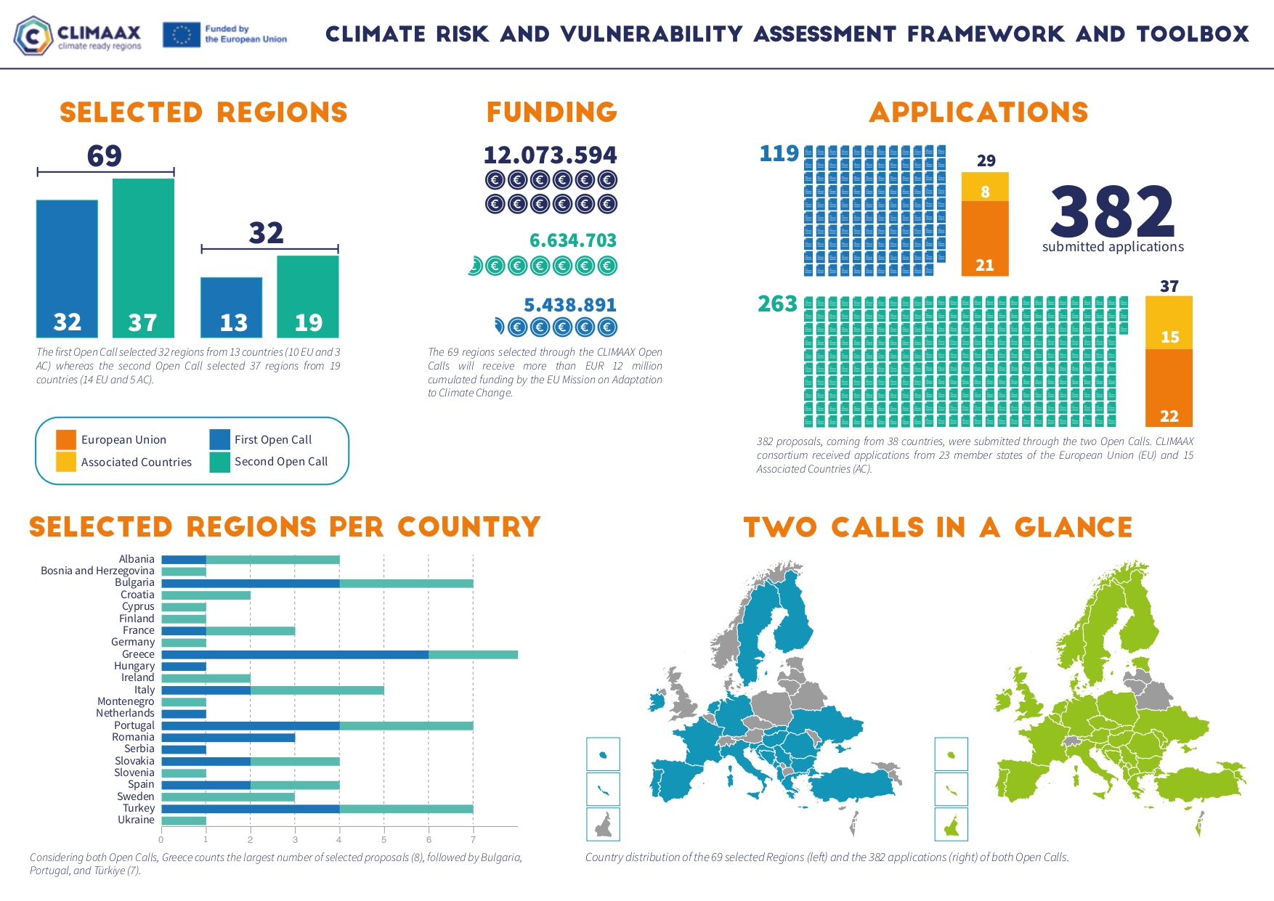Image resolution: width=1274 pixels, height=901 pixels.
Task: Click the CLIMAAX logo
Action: coord(78,35)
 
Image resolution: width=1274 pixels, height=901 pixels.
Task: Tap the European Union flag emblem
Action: coord(181,35)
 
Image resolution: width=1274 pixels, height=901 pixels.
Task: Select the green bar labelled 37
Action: coord(143,258)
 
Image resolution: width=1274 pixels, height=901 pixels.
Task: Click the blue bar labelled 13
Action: coord(231,307)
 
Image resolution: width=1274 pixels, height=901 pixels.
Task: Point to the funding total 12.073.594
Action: coord(550,155)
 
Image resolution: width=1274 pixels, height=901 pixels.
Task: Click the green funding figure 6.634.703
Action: coord(572,240)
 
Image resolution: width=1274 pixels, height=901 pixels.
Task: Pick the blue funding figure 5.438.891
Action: coord(569,305)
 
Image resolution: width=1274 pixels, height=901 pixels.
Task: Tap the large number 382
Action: coord(1112,211)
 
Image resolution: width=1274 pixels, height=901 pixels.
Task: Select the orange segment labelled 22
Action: coord(1169,388)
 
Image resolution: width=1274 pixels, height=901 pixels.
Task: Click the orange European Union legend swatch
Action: coord(66,440)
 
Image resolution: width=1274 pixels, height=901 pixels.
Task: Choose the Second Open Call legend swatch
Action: coord(219,462)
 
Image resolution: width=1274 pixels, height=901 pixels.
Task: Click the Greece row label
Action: coord(138,654)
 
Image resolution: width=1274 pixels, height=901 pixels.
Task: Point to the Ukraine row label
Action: coord(136,820)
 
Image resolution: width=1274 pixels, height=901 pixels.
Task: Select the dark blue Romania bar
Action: coord(228,738)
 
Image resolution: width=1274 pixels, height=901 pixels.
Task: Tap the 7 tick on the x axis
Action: coord(473,840)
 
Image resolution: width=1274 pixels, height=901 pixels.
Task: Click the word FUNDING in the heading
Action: coord(551,113)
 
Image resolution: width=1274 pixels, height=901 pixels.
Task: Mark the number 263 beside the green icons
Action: coord(777,303)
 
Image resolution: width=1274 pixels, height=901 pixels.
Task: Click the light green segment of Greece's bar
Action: coord(473,655)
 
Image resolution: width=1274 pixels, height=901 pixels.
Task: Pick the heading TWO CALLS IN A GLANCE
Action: coord(938,528)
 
